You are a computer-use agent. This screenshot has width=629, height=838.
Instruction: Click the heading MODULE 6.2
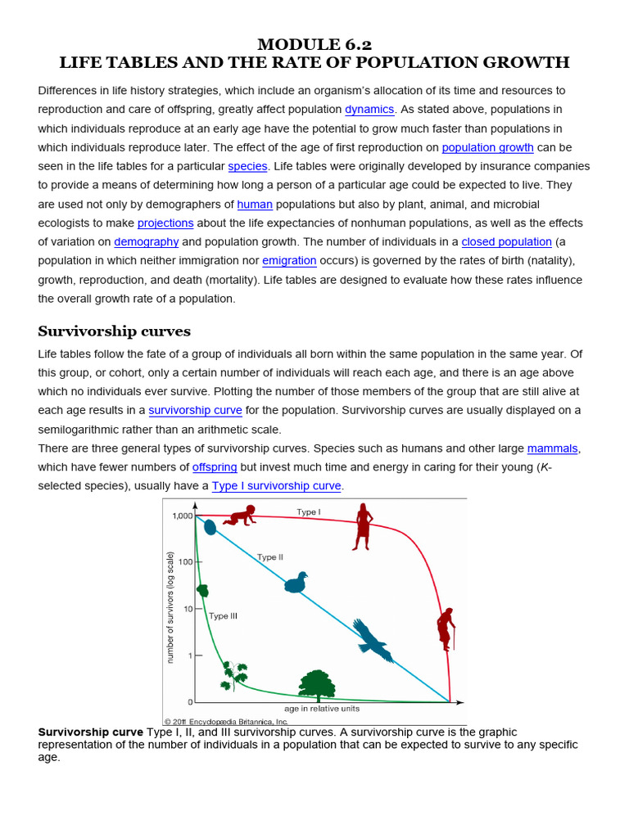(x=314, y=44)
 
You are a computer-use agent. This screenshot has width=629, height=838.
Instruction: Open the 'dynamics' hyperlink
(x=369, y=110)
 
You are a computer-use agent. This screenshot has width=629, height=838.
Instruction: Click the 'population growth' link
(x=487, y=147)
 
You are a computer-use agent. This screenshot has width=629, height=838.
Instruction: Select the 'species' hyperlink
(x=247, y=166)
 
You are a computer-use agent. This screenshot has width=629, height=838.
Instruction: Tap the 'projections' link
(x=165, y=223)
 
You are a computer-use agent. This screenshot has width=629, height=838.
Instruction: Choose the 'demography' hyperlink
(x=146, y=242)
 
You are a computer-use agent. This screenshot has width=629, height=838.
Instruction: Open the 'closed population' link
(x=506, y=242)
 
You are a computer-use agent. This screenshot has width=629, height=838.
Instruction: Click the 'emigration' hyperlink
(x=289, y=261)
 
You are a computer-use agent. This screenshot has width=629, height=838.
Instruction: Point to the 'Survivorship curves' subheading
(x=114, y=331)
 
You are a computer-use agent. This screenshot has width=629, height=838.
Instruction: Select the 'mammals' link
(x=552, y=448)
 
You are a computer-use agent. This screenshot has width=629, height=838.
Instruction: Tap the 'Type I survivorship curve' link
(x=276, y=486)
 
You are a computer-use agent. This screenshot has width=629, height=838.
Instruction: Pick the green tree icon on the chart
(x=316, y=686)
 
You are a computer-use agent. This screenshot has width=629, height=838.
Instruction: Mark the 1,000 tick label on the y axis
(x=182, y=516)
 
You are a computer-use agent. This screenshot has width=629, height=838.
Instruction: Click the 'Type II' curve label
(x=269, y=557)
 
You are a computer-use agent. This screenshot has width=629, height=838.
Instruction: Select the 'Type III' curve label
(x=223, y=616)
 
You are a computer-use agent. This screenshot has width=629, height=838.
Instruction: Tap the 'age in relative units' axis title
(x=321, y=709)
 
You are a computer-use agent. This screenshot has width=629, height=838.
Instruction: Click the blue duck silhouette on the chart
(x=296, y=583)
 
